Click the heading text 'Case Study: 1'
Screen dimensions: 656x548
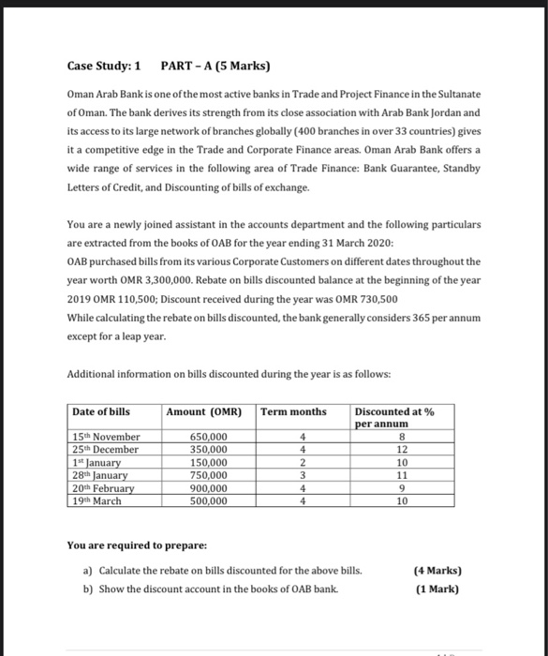click(x=104, y=67)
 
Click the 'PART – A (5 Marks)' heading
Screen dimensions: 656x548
click(x=215, y=67)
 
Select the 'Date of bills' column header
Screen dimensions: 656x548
click(x=101, y=411)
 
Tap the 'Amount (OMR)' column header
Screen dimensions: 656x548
click(x=204, y=411)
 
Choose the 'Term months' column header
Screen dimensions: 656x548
click(x=294, y=411)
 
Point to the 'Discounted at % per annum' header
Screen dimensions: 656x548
click(x=394, y=418)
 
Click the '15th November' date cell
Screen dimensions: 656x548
click(x=107, y=437)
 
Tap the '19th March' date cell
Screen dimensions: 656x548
click(x=97, y=500)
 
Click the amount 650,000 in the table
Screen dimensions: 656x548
click(x=208, y=437)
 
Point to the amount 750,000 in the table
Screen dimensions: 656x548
click(x=208, y=475)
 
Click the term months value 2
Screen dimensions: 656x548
click(x=303, y=462)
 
